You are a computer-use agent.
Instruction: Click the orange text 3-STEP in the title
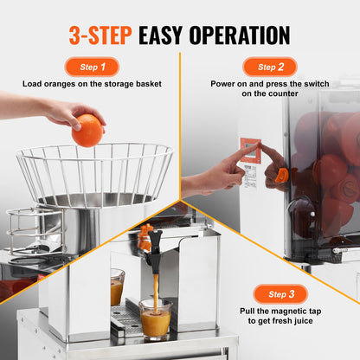click(x=101, y=35)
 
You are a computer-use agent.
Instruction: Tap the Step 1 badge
click(x=92, y=67)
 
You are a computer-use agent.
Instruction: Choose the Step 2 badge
click(x=268, y=67)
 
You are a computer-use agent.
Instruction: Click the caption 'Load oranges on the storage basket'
click(x=90, y=86)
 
